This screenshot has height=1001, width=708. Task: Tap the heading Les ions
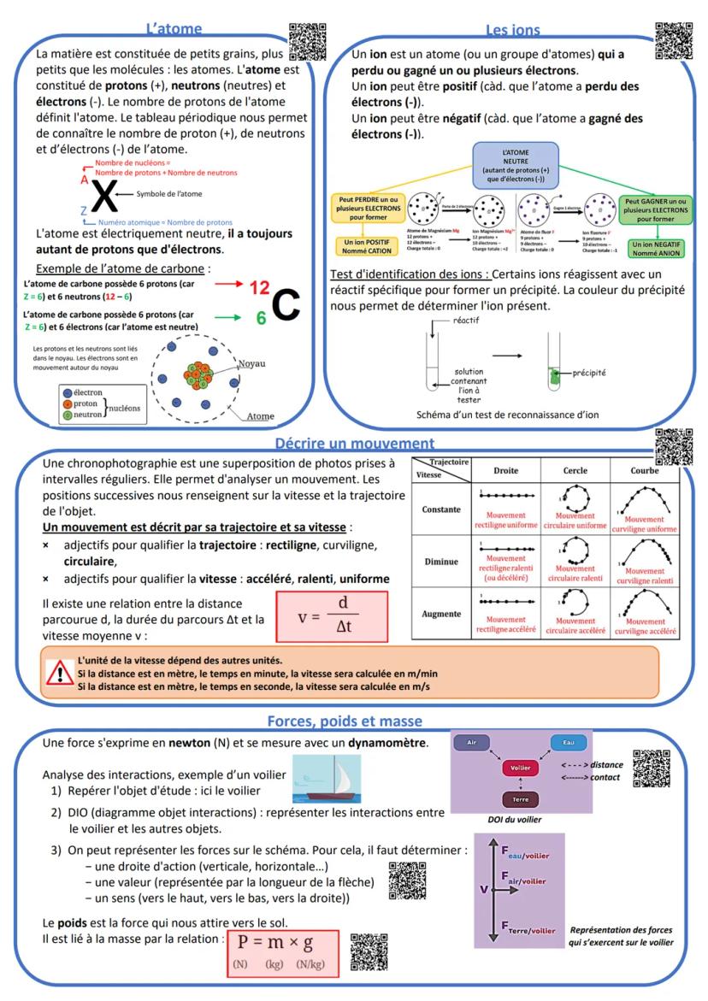coord(513,31)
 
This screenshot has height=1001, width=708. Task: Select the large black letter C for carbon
coord(287,301)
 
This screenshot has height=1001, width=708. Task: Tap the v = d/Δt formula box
coord(332,615)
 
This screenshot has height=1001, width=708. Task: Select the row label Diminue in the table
coord(441,562)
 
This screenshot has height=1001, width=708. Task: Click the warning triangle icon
coord(59,671)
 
